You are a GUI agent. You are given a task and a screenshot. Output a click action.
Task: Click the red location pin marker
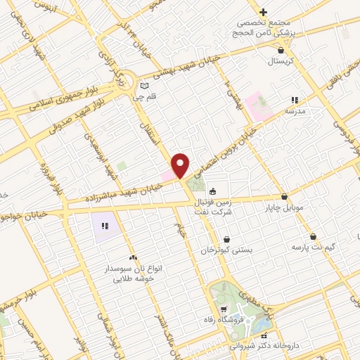[x=181, y=165]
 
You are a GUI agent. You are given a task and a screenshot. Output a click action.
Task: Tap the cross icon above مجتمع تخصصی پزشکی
[x=263, y=12]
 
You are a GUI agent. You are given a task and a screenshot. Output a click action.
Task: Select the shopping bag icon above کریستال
[x=281, y=50]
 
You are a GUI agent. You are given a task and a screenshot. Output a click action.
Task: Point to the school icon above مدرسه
[x=295, y=101]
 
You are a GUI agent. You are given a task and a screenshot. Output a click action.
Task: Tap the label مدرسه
[x=295, y=111]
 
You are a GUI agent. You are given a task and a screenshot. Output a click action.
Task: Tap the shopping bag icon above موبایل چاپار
[x=284, y=197]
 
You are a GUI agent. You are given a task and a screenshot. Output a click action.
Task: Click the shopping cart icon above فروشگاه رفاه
[x=224, y=309]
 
